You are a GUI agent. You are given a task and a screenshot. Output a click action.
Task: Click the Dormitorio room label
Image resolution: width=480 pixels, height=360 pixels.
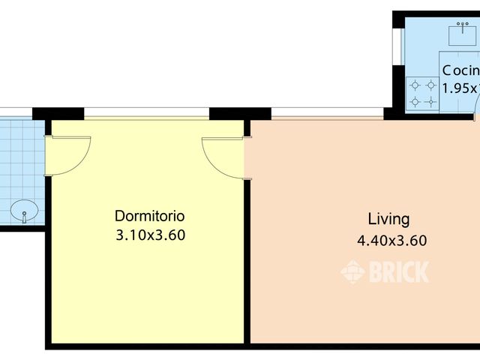point(150,216)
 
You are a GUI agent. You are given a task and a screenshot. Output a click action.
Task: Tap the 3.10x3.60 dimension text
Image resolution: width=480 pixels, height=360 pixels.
point(150,235)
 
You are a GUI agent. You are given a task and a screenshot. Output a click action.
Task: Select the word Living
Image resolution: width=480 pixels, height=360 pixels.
point(388,219)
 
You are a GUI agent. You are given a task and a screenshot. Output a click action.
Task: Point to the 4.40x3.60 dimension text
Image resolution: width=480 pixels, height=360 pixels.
point(391,241)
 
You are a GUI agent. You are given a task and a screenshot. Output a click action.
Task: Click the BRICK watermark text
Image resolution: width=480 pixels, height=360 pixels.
point(399,271)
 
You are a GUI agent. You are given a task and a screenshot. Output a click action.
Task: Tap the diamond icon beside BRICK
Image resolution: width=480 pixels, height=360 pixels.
point(352,271)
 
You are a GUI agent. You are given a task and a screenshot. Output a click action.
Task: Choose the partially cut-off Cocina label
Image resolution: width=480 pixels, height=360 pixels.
point(460,70)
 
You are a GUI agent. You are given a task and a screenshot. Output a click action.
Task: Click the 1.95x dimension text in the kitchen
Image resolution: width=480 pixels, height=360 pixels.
point(460,88)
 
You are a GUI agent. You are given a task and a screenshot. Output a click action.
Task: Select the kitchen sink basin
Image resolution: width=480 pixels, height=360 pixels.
point(464,34)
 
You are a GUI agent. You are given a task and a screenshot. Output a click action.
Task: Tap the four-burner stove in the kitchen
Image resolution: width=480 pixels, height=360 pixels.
point(421,93)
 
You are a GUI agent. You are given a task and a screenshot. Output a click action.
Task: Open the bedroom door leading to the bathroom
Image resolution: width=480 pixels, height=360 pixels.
point(67,154)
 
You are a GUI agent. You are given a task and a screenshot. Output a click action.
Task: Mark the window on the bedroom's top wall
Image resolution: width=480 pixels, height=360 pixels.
point(146,115)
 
